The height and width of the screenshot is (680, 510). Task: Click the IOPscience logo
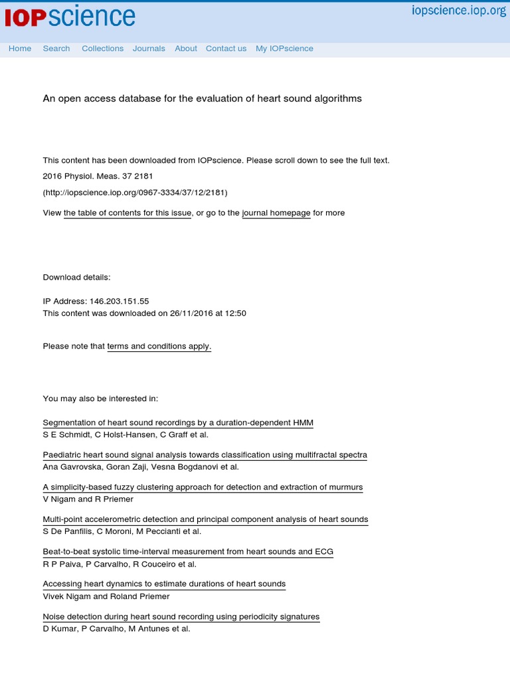click(70, 17)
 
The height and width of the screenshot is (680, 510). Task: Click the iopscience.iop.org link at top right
click(459, 11)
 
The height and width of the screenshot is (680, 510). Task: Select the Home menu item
click(20, 48)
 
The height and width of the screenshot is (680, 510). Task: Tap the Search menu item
click(56, 48)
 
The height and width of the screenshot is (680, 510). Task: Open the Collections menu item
click(102, 48)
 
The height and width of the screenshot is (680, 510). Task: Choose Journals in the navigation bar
click(149, 48)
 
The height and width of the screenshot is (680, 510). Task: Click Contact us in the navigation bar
click(226, 48)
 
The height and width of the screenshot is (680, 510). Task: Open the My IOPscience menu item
click(284, 48)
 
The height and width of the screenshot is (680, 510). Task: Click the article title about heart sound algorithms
click(203, 98)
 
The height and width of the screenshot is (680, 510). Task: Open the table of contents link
click(127, 213)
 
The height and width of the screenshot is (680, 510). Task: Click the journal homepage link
click(276, 213)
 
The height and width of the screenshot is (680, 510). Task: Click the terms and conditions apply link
click(159, 347)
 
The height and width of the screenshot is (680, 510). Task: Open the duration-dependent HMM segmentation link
click(178, 423)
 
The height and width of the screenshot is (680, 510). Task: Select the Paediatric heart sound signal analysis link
click(205, 456)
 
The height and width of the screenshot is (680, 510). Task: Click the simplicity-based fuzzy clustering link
click(203, 487)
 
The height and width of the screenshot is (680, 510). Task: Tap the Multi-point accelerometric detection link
click(205, 520)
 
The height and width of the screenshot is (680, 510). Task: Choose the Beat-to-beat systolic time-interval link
click(188, 552)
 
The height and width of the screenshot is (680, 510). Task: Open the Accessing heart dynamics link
click(164, 584)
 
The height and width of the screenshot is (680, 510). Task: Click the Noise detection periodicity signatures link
click(181, 617)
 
